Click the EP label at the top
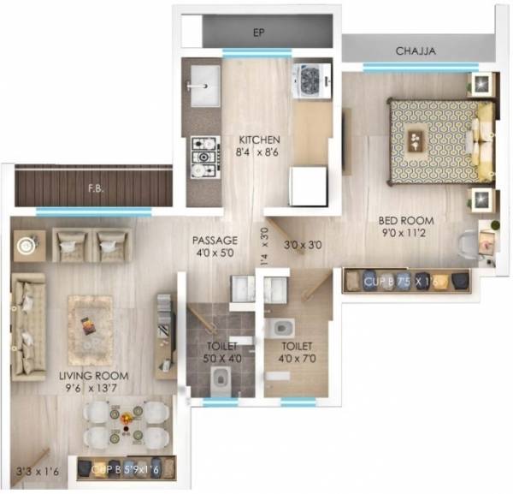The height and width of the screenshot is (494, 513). (256, 33)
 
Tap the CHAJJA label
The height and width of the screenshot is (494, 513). (416, 51)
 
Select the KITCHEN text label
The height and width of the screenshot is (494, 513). (259, 140)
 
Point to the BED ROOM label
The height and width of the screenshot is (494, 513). (403, 219)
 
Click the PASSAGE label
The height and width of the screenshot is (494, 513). (215, 241)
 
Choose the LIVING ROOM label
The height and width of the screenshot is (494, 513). (93, 376)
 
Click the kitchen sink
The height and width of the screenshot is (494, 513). (203, 82)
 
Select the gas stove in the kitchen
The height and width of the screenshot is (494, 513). (204, 156)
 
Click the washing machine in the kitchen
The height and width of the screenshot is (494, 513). (310, 82)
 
